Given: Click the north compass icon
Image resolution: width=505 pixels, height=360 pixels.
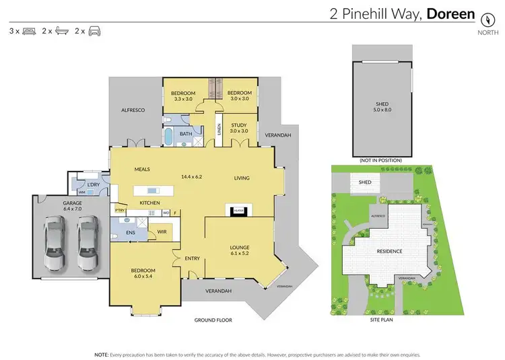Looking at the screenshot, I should coord(483,15).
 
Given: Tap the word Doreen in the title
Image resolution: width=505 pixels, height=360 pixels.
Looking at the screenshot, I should coord(450,13).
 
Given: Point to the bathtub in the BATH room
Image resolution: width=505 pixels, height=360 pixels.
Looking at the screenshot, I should coord(169,137).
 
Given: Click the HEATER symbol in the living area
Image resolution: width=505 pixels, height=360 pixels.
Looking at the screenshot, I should coord(238,211).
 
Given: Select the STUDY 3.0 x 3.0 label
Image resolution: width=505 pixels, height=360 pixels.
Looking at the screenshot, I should coord(238,128).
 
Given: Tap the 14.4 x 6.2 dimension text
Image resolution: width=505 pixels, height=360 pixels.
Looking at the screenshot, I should coord(191,177).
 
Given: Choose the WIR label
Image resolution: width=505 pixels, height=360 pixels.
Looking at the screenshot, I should coord(161,231).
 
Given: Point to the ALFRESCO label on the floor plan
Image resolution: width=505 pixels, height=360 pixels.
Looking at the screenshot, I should coord(133,109).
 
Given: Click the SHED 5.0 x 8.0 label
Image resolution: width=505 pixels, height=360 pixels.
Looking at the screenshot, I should coord(382,106).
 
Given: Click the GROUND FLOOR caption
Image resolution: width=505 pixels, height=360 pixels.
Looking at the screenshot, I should coord(213,320).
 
